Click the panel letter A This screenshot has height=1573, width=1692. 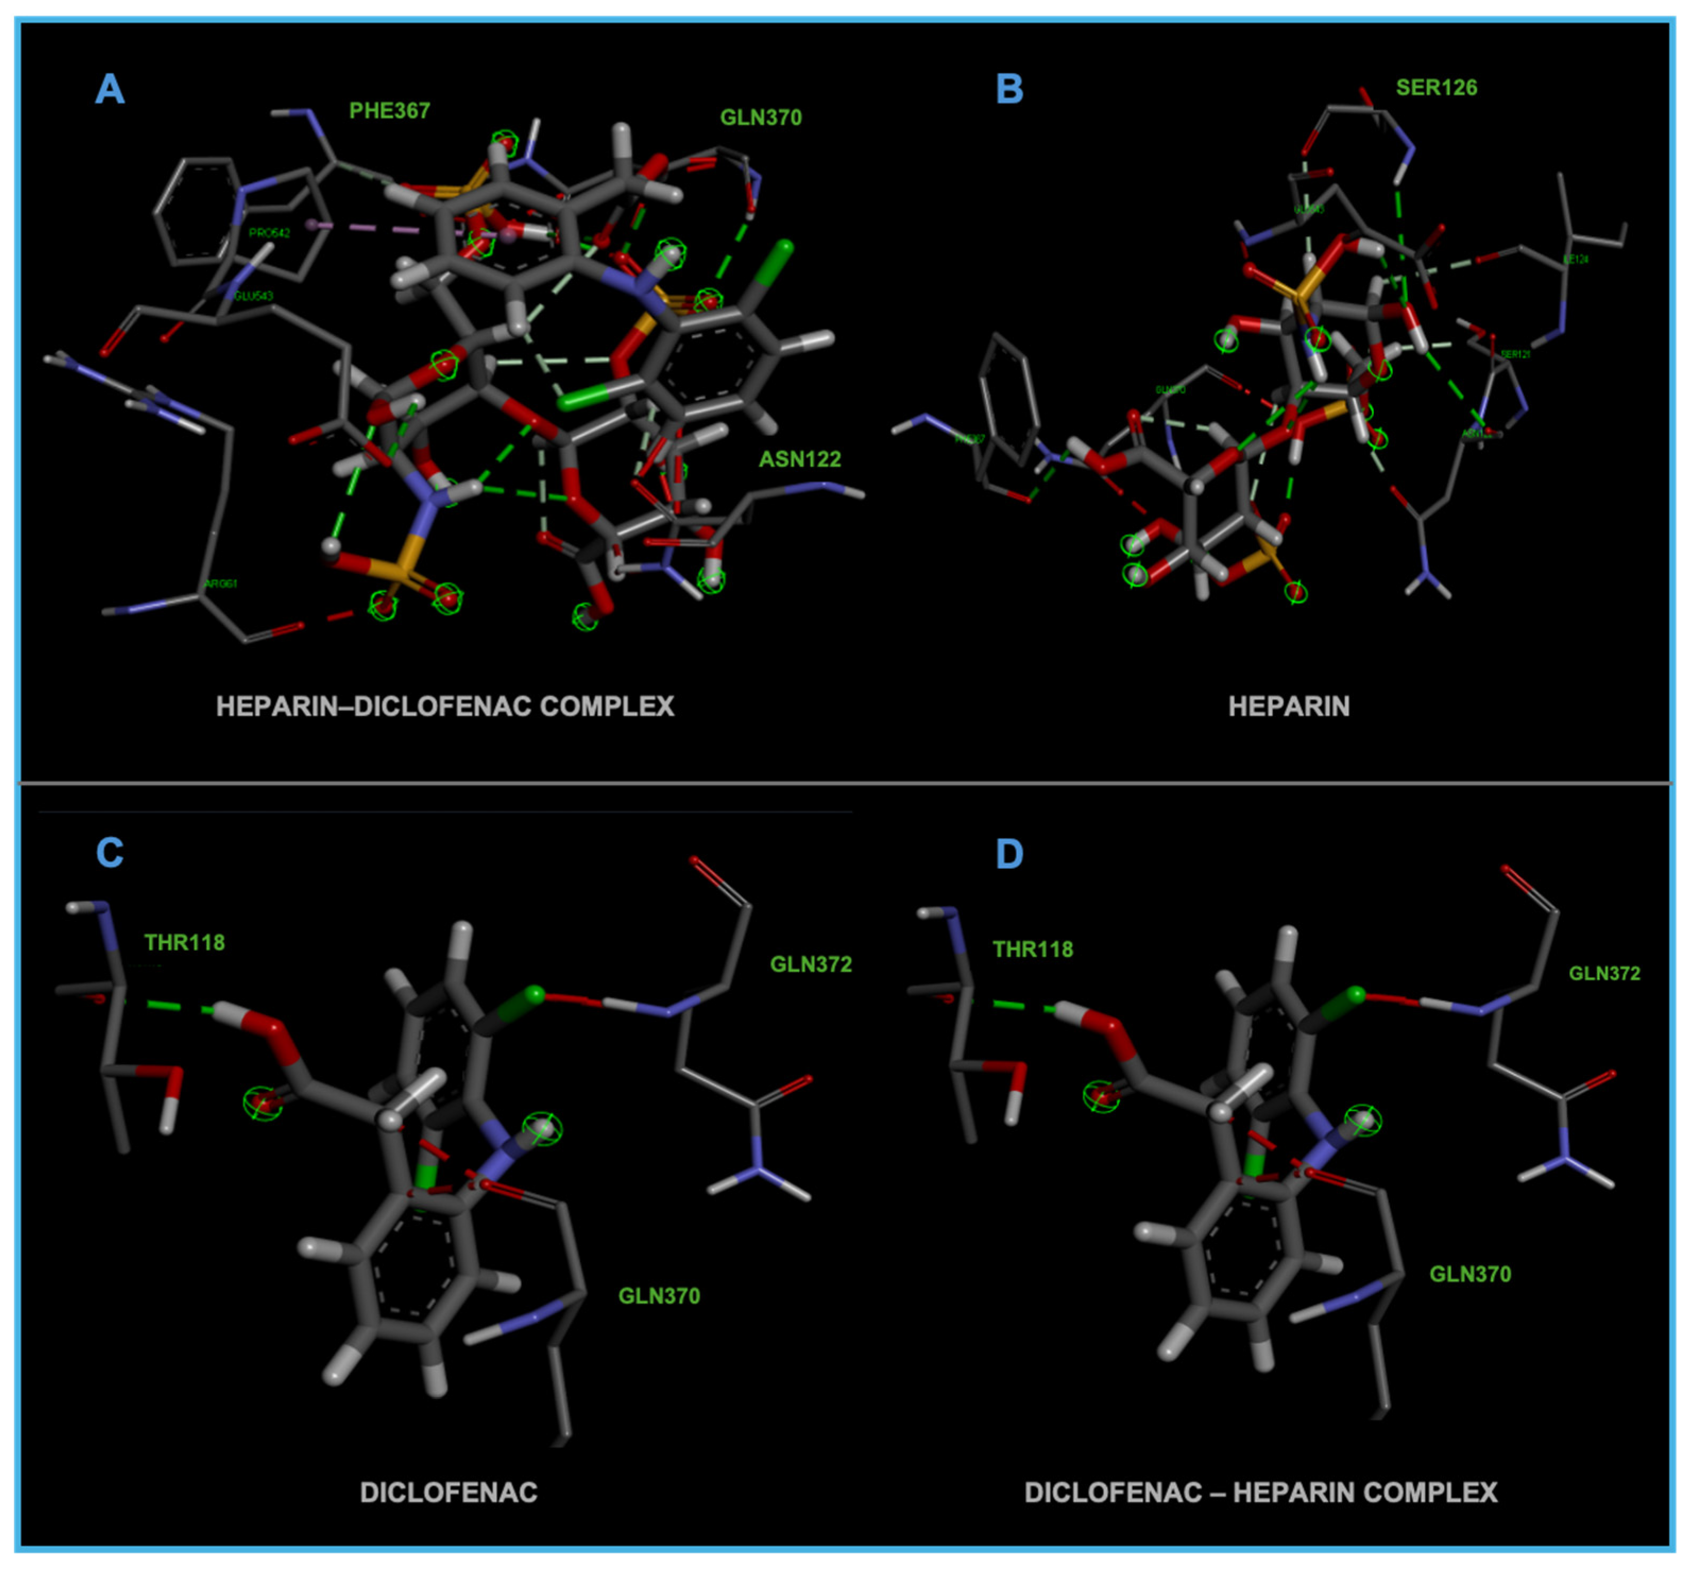coord(110,89)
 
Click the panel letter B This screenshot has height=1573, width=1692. coord(1010,89)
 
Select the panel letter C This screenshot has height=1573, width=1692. coord(110,852)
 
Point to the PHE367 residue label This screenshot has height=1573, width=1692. coord(389,110)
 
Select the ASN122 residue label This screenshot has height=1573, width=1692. coord(799,460)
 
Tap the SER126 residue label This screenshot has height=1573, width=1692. coord(1437,88)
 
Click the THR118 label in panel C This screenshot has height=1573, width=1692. coord(185,942)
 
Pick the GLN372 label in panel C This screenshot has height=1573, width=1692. coord(810,964)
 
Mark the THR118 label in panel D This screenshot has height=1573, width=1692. coord(1032,949)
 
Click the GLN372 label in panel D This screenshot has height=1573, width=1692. coord(1604,973)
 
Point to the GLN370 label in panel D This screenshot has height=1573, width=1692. coord(1470,1274)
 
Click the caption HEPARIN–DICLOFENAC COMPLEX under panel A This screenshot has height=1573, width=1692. coord(445,706)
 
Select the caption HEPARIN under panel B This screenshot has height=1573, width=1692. coord(1288,706)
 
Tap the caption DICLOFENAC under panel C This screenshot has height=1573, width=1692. coord(449,1492)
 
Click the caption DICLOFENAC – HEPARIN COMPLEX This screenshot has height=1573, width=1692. coord(1260,1492)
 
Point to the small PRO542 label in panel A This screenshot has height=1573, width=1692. coord(269,233)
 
